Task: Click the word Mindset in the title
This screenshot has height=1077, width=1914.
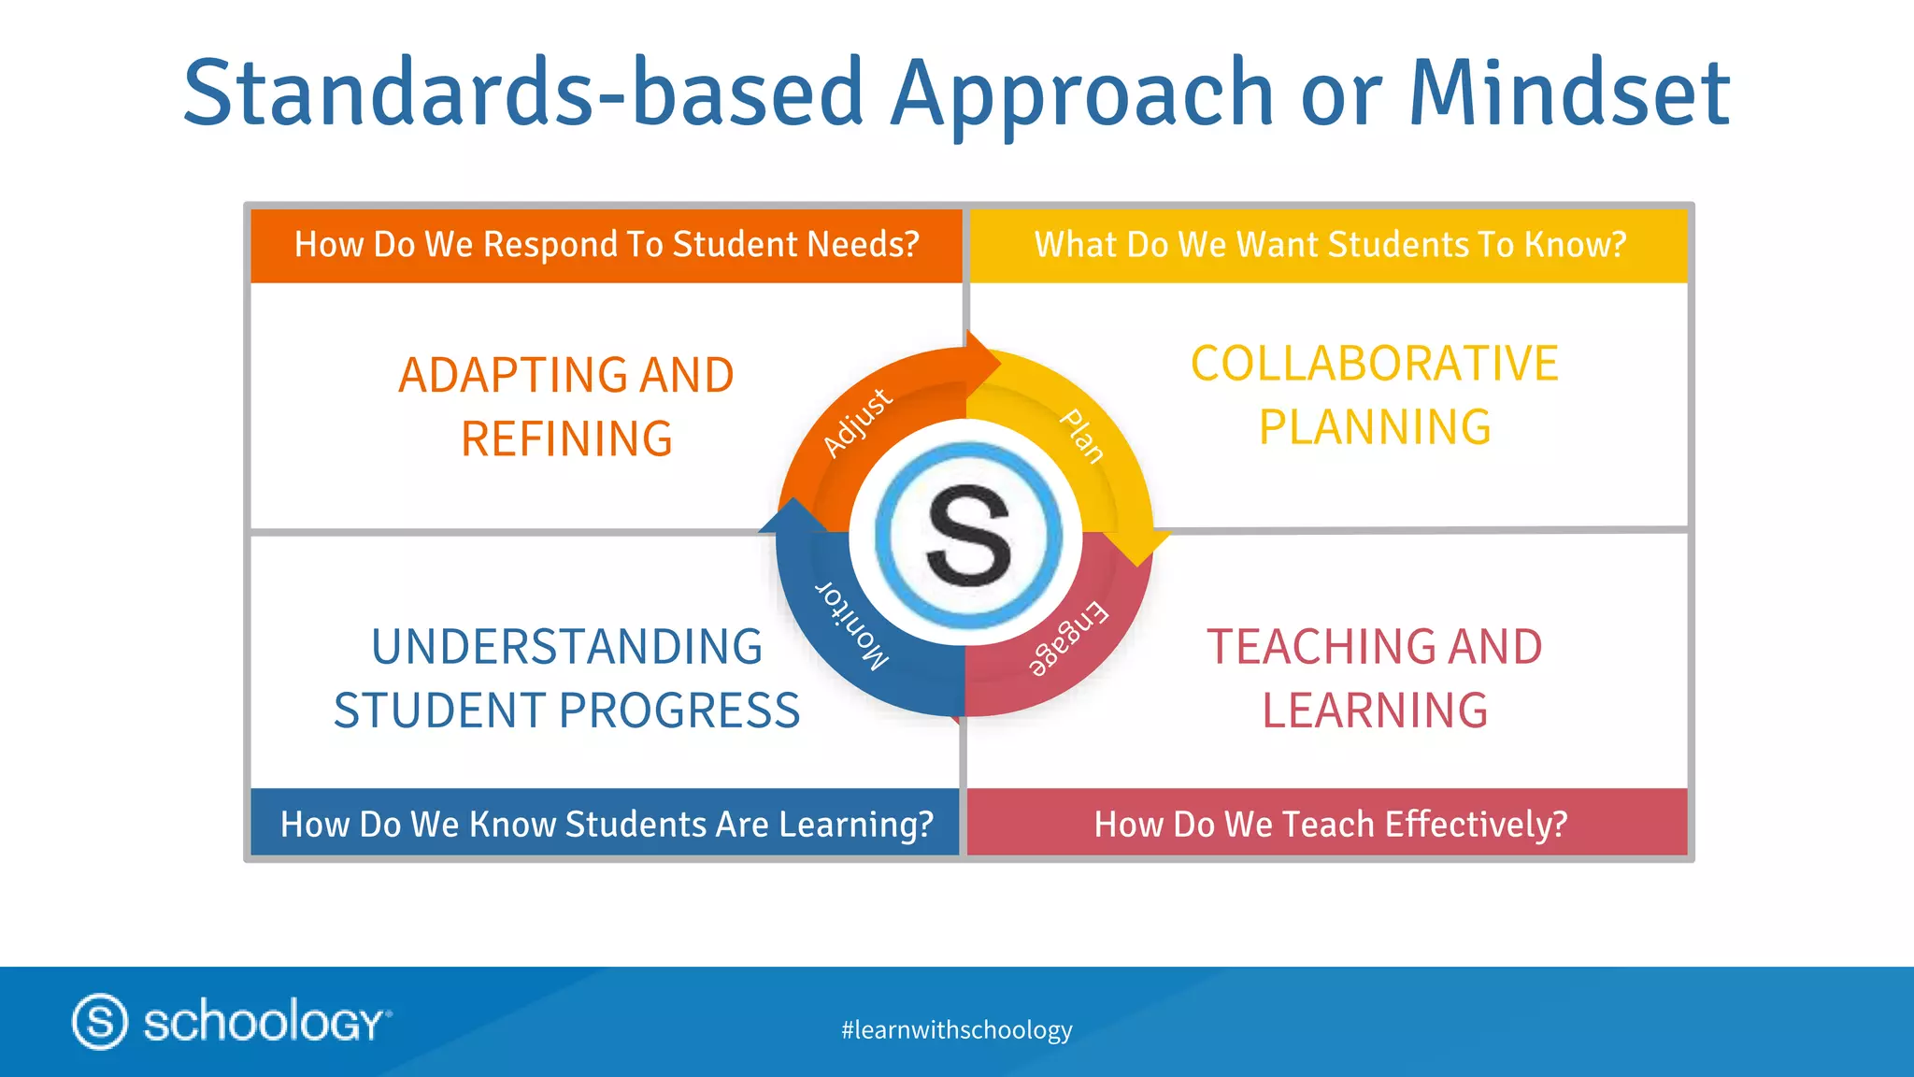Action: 1569,93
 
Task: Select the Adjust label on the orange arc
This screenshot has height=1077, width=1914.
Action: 857,423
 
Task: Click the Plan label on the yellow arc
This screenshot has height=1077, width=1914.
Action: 1082,436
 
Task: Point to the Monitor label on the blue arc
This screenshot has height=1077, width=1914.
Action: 851,625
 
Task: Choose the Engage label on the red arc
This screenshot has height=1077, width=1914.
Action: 1068,639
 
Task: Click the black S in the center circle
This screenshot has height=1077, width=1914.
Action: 968,537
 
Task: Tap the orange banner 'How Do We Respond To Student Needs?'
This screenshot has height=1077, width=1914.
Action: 607,245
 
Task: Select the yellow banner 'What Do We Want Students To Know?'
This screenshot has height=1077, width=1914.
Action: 1330,245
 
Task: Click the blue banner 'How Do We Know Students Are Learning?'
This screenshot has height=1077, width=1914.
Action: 607,824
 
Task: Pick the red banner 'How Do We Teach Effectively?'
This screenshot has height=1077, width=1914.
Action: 1330,824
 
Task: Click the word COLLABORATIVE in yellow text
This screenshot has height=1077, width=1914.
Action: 1374,364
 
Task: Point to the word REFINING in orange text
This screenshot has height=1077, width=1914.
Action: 566,439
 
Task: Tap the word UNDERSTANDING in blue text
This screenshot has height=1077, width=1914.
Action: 566,647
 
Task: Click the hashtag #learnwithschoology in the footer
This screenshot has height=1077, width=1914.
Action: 956,1030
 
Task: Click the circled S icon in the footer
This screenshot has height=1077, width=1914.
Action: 99,1021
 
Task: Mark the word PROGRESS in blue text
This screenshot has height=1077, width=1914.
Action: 679,711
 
